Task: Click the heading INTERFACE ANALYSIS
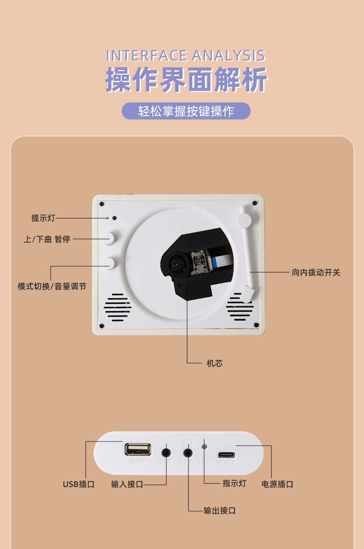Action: point(186,56)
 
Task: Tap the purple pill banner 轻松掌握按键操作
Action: point(186,111)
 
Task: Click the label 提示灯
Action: point(43,218)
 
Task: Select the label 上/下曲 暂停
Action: point(47,239)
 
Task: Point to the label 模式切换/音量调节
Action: point(52,286)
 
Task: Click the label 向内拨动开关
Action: point(316,272)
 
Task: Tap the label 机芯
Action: point(215,363)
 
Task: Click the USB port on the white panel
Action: point(137,449)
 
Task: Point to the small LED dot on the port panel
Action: point(205,447)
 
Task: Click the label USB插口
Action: point(79,484)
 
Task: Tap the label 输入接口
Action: point(127,484)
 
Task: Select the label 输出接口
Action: point(220,511)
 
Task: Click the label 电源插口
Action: point(277,484)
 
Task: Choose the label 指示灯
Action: point(234,483)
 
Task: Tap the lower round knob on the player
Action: point(111,263)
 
